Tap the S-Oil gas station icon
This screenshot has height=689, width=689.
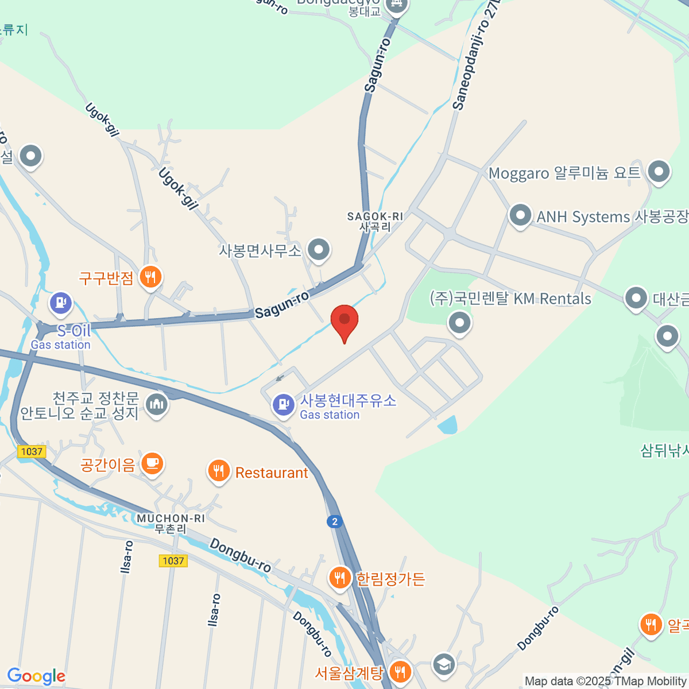pyautogui.click(x=61, y=303)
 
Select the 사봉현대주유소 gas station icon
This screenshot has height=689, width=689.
pyautogui.click(x=283, y=405)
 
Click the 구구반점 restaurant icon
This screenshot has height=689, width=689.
pyautogui.click(x=150, y=277)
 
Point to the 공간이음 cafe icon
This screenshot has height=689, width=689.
pyautogui.click(x=152, y=463)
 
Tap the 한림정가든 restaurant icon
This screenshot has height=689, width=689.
pyautogui.click(x=340, y=578)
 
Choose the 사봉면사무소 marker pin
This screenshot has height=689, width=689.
pyautogui.click(x=318, y=250)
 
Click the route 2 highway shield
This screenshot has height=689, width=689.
pyautogui.click(x=335, y=521)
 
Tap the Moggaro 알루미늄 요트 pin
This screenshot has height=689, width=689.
pyautogui.click(x=659, y=171)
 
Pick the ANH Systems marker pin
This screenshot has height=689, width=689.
pyautogui.click(x=520, y=216)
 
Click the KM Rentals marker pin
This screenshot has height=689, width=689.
pyautogui.click(x=459, y=323)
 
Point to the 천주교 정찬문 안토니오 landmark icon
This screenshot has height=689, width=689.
pyautogui.click(x=156, y=405)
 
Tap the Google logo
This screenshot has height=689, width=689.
pyautogui.click(x=36, y=676)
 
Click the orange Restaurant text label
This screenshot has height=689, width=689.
pyautogui.click(x=272, y=473)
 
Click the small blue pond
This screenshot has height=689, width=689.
pyautogui.click(x=448, y=425)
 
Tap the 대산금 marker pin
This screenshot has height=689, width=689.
pyautogui.click(x=636, y=298)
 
